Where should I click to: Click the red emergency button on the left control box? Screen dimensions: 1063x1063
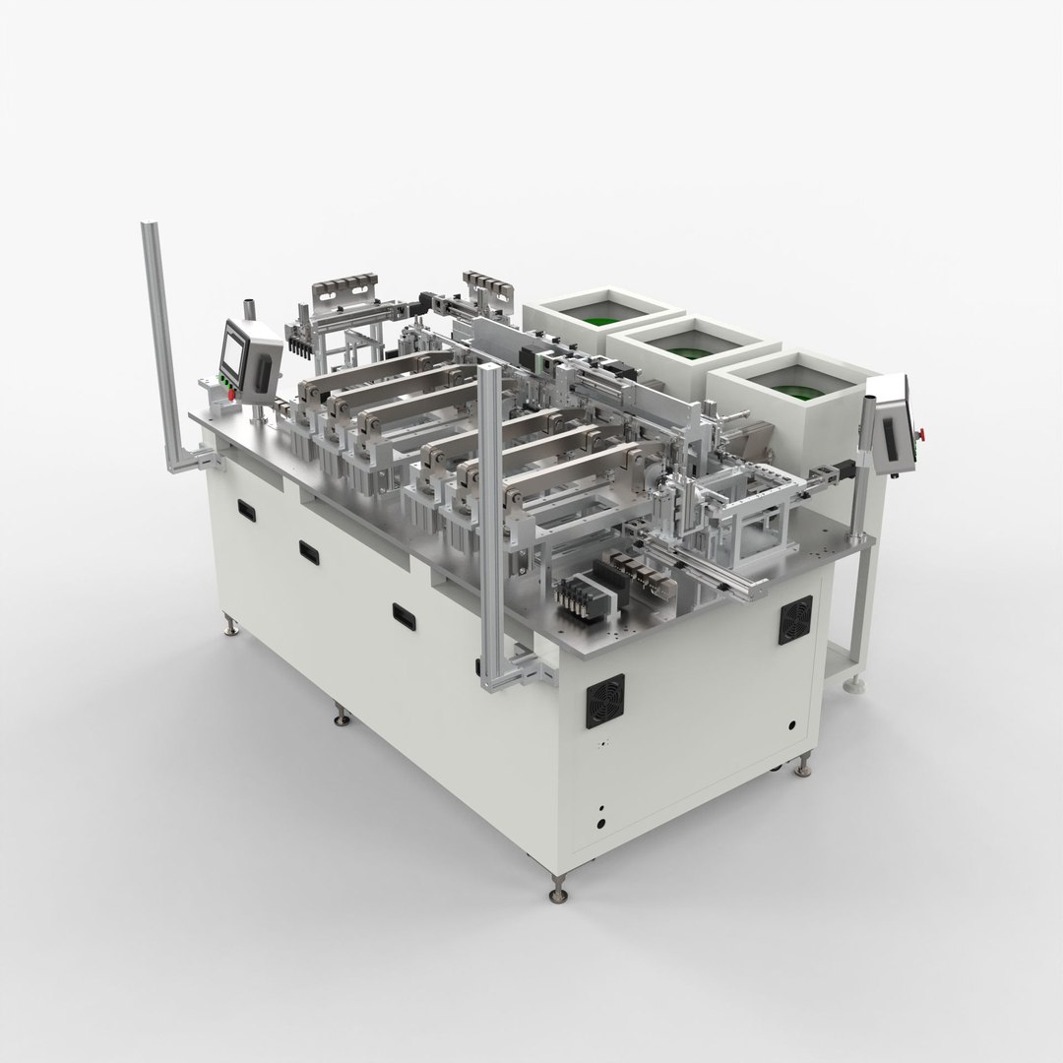[x=232, y=395]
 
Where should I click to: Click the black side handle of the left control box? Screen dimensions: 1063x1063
[x=264, y=373]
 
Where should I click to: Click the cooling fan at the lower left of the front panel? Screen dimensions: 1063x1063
[x=604, y=701]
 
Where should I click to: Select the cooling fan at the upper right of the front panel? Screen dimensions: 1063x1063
[x=795, y=620]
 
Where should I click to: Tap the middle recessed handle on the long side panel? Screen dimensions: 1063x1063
[x=309, y=551]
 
